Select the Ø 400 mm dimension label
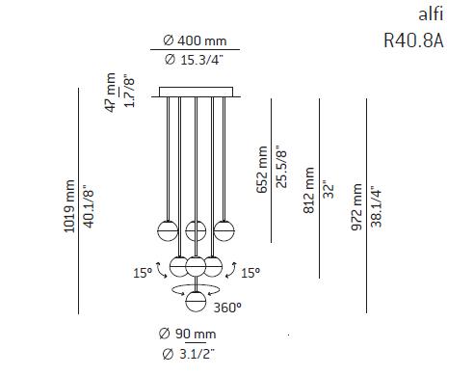coord(195,40)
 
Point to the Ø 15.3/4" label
coord(195,61)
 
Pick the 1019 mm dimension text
coord(69,202)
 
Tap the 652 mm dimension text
coord(262,170)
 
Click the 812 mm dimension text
coord(309,191)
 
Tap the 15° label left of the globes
coord(142,274)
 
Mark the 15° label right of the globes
coord(250,274)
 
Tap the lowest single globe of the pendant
coord(197,301)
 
